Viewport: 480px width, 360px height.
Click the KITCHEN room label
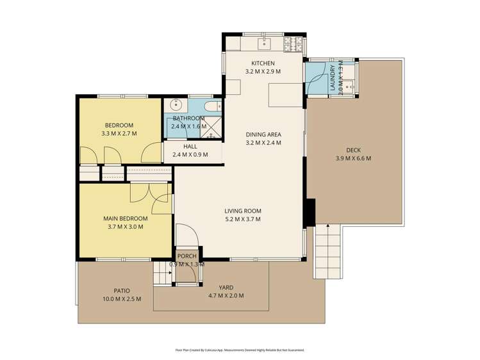(263, 63)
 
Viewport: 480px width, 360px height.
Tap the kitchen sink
(264, 44)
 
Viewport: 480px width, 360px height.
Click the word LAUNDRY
(332, 74)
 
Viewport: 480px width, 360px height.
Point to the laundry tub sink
(349, 85)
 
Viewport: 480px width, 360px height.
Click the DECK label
(353, 150)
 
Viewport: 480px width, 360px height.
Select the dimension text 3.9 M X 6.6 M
(353, 158)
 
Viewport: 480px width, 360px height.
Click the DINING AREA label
(263, 135)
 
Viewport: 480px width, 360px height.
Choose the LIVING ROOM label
(242, 211)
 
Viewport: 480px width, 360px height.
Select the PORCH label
(186, 256)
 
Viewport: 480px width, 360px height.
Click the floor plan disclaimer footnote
(240, 350)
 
